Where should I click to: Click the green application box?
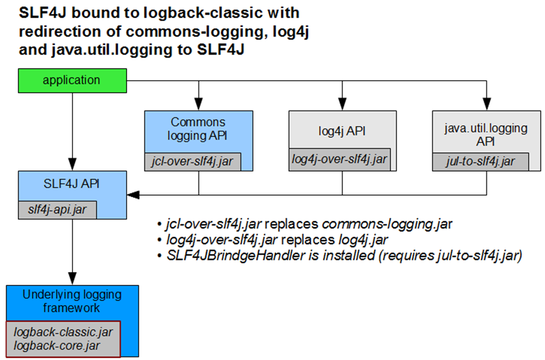click(x=72, y=81)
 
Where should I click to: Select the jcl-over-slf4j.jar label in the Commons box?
click(x=192, y=161)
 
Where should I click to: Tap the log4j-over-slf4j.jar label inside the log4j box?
click(x=339, y=159)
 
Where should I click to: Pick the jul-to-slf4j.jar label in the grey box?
click(x=480, y=161)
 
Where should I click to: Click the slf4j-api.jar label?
click(x=57, y=210)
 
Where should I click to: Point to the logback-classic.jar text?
click(x=63, y=332)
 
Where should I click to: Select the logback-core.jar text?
click(x=56, y=346)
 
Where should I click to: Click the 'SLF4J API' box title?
click(x=71, y=184)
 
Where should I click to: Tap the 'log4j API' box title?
click(x=342, y=131)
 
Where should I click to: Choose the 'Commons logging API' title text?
click(x=197, y=129)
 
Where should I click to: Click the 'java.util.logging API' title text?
click(x=486, y=135)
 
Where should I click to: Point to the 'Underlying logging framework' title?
click(x=72, y=301)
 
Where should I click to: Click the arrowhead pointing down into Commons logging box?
click(x=198, y=103)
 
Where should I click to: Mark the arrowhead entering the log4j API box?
click(x=342, y=103)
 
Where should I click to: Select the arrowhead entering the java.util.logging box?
click(x=486, y=103)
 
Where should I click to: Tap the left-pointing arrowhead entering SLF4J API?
click(x=133, y=195)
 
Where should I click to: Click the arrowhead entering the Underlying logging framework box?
click(x=72, y=278)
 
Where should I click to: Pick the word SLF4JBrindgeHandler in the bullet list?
click(x=236, y=255)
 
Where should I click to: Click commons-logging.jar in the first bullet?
click(x=387, y=224)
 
